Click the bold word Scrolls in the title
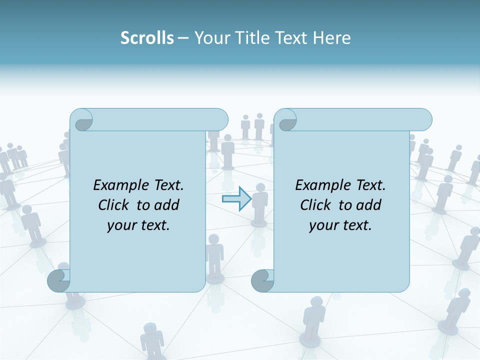(x=147, y=38)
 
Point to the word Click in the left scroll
(x=115, y=205)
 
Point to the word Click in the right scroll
(x=317, y=205)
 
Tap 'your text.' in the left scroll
(x=138, y=225)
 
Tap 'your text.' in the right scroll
(x=340, y=225)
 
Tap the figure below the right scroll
(x=312, y=320)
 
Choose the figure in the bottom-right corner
(x=455, y=310)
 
